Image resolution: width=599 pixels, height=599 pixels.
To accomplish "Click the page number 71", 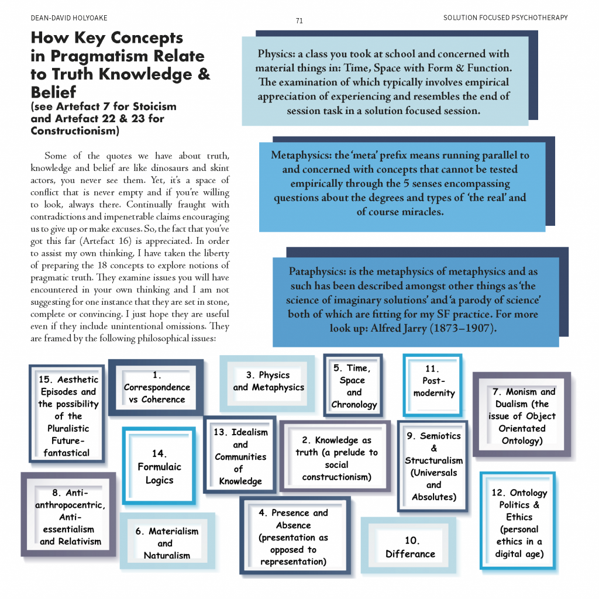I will tap(299, 21).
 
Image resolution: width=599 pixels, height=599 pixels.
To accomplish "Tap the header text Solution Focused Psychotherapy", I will tap(505, 18).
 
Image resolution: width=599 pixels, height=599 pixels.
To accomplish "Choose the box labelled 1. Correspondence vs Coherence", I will tap(157, 388).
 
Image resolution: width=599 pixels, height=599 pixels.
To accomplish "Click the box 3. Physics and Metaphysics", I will tap(268, 381).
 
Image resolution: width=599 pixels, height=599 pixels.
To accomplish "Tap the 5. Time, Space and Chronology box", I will tap(353, 386).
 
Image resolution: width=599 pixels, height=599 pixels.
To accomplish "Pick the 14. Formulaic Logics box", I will tap(159, 467).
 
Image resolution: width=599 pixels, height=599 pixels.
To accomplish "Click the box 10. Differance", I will tap(410, 548).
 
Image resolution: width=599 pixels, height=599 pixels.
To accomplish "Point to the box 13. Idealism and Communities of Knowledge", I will tap(240, 456).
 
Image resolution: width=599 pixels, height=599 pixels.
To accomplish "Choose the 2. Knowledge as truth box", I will tap(336, 459).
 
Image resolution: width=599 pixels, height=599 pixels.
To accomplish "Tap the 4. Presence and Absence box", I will tap(294, 537).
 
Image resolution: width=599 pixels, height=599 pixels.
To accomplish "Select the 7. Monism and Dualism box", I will tap(522, 415).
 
